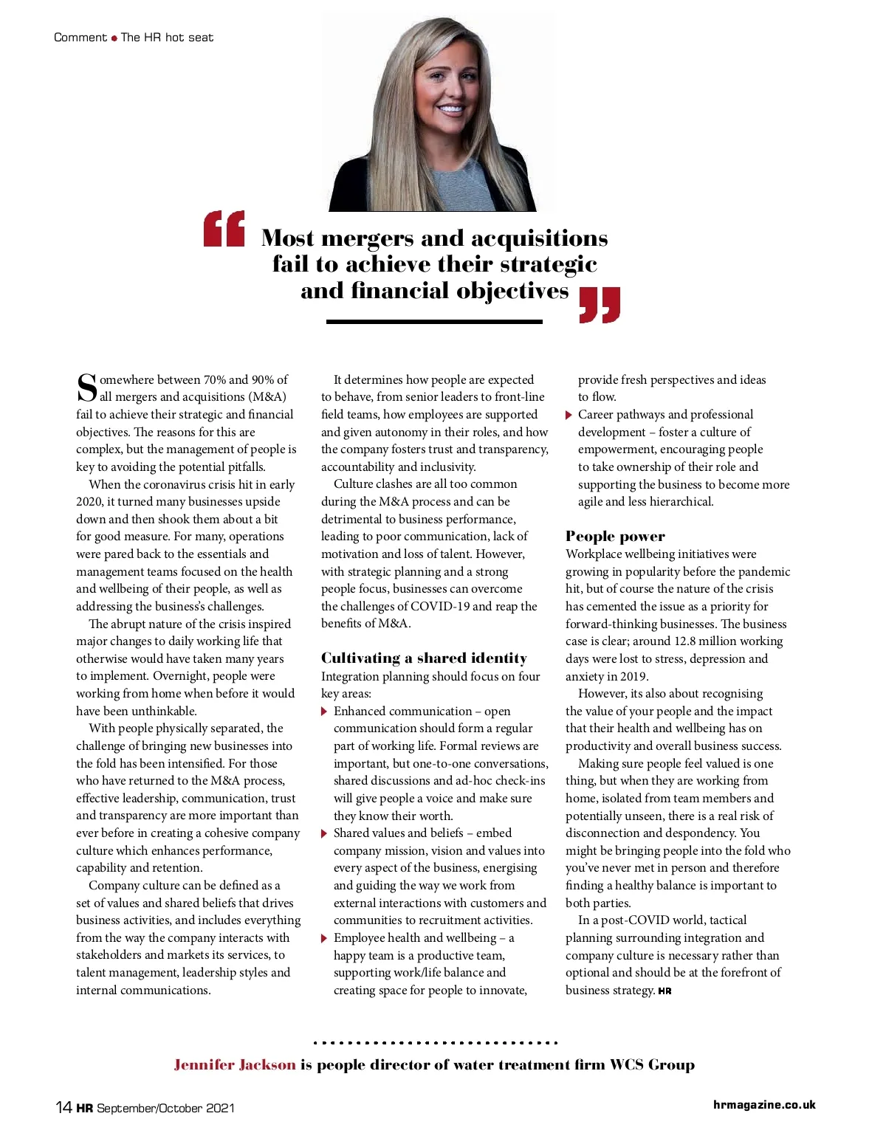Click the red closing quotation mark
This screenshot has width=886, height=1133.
[600, 305]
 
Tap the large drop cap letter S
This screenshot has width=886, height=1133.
[87, 388]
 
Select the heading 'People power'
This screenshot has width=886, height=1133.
[615, 537]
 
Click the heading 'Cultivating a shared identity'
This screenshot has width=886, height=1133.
[424, 658]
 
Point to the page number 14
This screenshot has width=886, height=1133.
[63, 1106]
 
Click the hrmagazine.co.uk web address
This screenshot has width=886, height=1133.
[764, 1105]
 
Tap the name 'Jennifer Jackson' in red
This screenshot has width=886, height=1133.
[235, 1064]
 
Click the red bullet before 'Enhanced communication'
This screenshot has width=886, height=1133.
[324, 712]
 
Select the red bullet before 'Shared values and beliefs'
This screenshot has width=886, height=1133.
[324, 833]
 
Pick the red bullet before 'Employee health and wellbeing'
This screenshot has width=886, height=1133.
[324, 938]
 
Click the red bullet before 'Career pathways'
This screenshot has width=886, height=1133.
[569, 415]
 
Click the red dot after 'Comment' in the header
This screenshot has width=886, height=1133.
[114, 38]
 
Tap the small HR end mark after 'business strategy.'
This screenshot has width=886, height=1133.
[664, 991]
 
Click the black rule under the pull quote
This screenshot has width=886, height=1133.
[434, 322]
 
